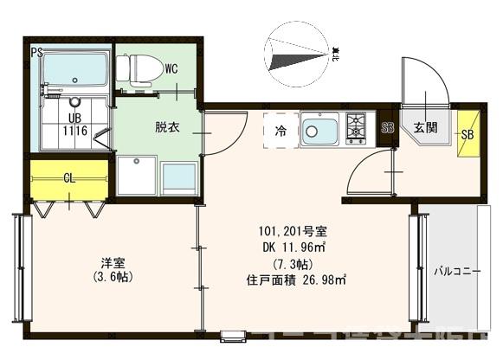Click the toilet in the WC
tap(139, 67)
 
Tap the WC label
tap(171, 67)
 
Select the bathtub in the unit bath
tap(75, 68)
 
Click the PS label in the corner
tap(36, 53)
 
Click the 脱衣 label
tap(167, 127)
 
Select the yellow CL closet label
tap(68, 179)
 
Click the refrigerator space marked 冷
tap(281, 132)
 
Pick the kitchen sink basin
tap(320, 131)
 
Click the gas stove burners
tap(356, 128)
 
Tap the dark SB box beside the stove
tap(388, 128)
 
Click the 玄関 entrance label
tap(424, 128)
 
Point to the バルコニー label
tap(457, 270)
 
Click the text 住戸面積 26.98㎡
tap(295, 279)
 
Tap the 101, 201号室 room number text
tap(292, 232)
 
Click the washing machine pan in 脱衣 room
tap(137, 176)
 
